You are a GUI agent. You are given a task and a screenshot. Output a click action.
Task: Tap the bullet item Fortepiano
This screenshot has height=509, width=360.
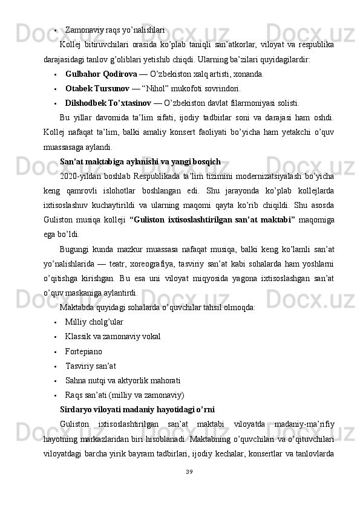(83, 351)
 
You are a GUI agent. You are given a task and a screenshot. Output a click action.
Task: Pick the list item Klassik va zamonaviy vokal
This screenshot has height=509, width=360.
(113, 337)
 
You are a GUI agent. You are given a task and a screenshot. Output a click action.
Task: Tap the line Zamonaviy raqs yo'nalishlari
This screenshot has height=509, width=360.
(115, 29)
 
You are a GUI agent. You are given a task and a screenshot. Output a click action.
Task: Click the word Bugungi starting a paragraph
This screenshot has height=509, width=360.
(76, 250)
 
